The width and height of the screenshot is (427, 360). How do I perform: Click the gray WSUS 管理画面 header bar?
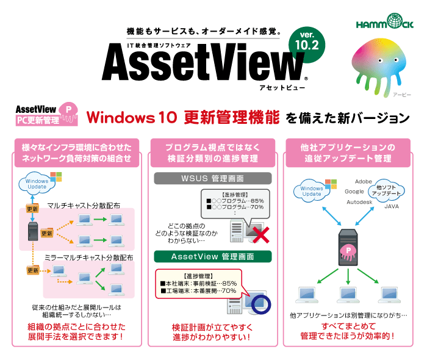(x=211, y=179)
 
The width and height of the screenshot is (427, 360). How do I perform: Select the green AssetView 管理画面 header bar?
(x=211, y=256)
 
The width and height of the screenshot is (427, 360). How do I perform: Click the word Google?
(x=354, y=191)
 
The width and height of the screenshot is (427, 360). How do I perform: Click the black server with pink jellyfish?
(x=347, y=245)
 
